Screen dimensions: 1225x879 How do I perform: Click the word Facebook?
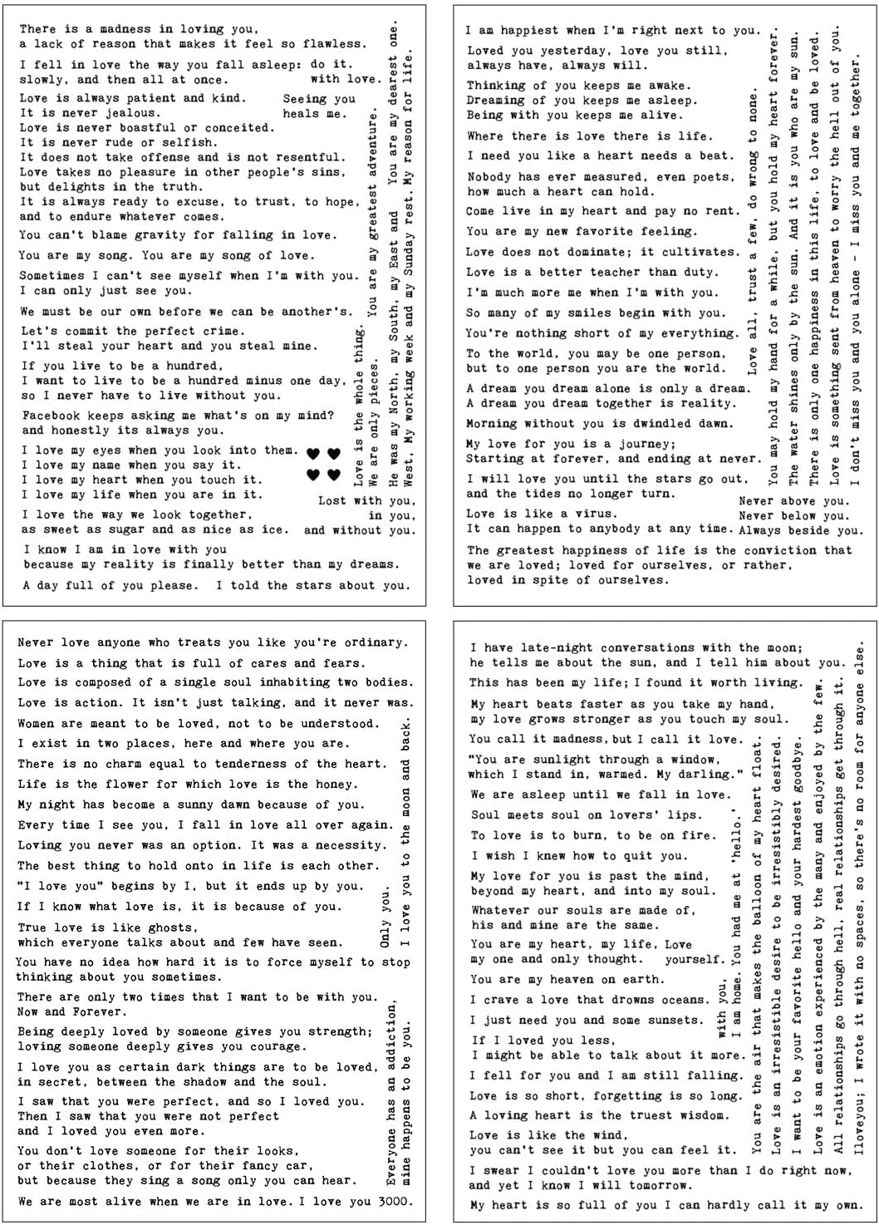[x=52, y=416]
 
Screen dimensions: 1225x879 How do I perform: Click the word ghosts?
[x=172, y=927]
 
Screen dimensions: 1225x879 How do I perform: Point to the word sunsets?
[x=670, y=1020]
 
